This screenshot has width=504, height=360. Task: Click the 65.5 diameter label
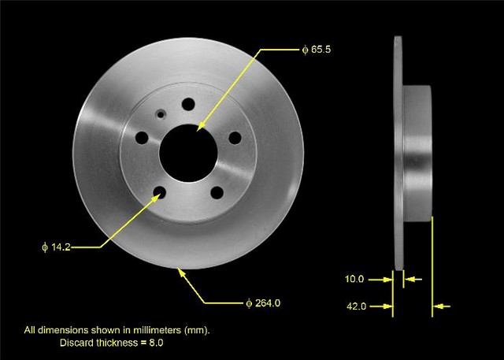pos(317,50)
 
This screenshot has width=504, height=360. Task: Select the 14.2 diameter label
pos(56,247)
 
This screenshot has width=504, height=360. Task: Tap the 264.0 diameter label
pos(263,302)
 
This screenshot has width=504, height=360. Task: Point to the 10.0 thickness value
pos(354,279)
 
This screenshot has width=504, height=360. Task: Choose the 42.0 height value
pos(356,306)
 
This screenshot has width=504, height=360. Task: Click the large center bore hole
pos(188,153)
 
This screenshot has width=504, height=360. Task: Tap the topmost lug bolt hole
pos(188,104)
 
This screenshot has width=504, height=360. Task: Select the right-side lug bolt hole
pos(235,138)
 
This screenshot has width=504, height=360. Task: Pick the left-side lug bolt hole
pos(142,138)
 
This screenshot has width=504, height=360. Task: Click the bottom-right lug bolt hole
pos(217,192)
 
